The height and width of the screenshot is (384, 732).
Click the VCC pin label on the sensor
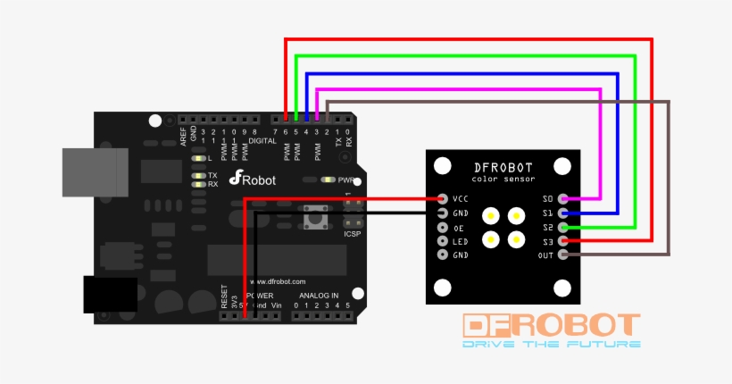click(461, 198)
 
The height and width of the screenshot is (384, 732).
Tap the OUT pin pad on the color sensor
click(562, 255)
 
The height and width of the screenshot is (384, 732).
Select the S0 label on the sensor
click(548, 198)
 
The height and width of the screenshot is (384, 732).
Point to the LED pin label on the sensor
click(459, 241)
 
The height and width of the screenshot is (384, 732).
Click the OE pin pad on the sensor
click(442, 227)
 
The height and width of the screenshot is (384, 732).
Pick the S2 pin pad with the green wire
click(562, 227)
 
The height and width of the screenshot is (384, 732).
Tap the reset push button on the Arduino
click(313, 215)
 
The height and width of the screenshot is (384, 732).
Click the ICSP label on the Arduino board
click(353, 234)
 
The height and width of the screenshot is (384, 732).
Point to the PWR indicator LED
click(329, 179)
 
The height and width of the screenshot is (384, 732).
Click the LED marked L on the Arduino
click(200, 157)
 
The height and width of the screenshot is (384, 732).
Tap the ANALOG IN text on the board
click(318, 296)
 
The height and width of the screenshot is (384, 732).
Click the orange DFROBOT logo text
click(551, 326)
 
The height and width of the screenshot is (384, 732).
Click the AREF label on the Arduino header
click(184, 136)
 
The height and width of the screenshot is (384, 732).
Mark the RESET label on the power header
click(224, 296)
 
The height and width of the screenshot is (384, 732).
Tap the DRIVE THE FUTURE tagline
click(551, 344)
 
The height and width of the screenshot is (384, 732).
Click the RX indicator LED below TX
click(200, 184)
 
